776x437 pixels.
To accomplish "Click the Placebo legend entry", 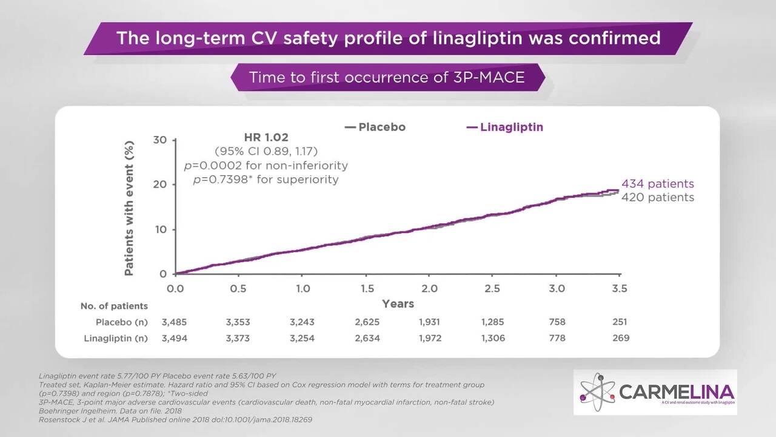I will (x=376, y=127).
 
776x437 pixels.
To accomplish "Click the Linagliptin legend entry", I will (x=505, y=127).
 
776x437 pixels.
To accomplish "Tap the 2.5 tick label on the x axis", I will (x=493, y=289).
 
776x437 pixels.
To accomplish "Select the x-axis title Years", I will (x=398, y=303).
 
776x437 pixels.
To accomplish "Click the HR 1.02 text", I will (x=266, y=138).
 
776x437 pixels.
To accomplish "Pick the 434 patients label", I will (x=657, y=184).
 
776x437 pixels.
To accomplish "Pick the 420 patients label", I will (x=657, y=197).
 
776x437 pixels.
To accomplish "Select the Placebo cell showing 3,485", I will (x=175, y=322).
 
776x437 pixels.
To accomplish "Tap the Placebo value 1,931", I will (x=429, y=322).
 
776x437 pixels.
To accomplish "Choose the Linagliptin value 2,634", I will (x=366, y=338).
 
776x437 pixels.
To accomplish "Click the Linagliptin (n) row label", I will (x=116, y=338).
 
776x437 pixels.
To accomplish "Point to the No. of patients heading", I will (x=114, y=306).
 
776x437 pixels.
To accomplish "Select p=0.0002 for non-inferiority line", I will (x=266, y=165).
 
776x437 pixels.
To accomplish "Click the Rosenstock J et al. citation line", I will (x=176, y=419).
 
